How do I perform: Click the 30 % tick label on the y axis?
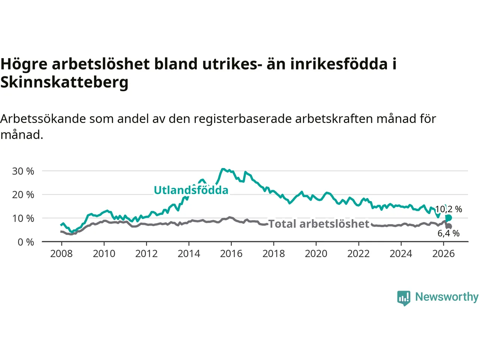pos(23,171)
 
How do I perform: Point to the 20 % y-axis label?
pos(23,195)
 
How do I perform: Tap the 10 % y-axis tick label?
pos(23,218)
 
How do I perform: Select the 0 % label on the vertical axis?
pos(26,242)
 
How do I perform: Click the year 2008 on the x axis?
pos(61,254)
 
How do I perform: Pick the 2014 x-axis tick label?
pos(189,254)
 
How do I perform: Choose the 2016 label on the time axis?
pos(231,254)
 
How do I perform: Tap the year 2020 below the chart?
pos(316,254)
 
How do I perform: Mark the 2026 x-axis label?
pos(444,254)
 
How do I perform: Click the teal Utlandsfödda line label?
pos(191,190)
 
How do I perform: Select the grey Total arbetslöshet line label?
pos(319,224)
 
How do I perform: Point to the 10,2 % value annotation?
pos(448,209)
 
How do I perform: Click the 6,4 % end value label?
pos(448,234)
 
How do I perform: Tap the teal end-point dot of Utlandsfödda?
pos(448,218)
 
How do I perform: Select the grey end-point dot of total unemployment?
pos(448,226)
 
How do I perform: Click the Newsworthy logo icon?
pos(403,298)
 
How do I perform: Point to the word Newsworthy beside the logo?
pos(447,297)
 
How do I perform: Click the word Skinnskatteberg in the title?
pos(64,82)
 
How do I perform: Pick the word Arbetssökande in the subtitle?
pos(43,119)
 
